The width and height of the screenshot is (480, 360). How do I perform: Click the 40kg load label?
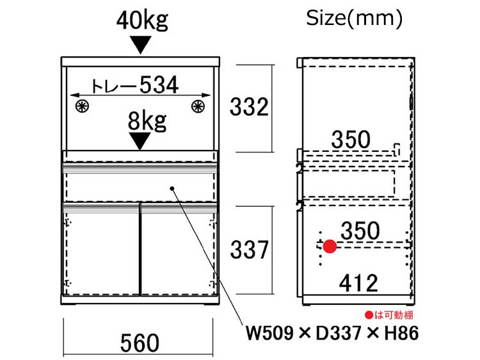(x=142, y=20)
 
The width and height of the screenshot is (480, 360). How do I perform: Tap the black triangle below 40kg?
(x=141, y=45)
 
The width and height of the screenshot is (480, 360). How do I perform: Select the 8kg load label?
(x=147, y=121)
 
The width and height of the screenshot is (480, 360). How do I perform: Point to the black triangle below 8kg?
(x=140, y=141)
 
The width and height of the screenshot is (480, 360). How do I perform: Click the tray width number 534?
(x=159, y=85)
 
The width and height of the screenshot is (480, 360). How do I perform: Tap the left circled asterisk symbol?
(x=82, y=106)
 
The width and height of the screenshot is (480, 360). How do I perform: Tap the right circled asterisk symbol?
(x=198, y=106)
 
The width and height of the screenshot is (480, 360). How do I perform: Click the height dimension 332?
(x=249, y=107)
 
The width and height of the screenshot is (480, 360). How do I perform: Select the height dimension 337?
(x=249, y=250)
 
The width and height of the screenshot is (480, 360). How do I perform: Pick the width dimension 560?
(x=140, y=343)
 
